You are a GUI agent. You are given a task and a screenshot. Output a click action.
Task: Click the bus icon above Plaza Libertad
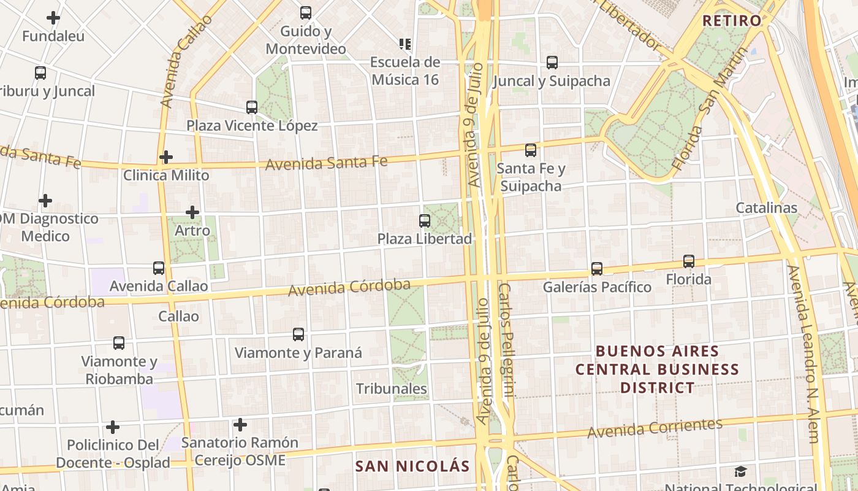[x=424, y=221]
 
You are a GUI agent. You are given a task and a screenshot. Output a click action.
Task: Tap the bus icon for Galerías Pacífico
[x=597, y=269]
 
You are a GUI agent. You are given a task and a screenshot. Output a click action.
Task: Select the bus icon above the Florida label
[x=689, y=261]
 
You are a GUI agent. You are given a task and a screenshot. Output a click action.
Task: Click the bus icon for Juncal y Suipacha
[x=552, y=63]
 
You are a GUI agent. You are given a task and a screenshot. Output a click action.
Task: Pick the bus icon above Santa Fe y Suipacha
[x=531, y=150]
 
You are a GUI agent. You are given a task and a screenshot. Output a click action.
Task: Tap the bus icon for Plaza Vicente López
[x=251, y=107]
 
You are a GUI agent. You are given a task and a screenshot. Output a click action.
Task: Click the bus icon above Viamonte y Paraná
[x=298, y=334]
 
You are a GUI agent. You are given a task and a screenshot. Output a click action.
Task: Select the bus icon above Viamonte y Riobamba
[x=119, y=343]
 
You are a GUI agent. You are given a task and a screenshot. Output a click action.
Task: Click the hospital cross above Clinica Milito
[x=165, y=157]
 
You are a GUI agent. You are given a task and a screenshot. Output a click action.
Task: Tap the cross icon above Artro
[x=192, y=212]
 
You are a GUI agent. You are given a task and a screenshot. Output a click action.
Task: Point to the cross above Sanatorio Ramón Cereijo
[x=240, y=424]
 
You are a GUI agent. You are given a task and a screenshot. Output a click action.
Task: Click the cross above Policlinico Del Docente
[x=113, y=427]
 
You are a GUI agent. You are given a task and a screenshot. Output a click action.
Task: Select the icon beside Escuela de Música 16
[x=405, y=44]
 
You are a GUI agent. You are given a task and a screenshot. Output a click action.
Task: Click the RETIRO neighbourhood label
[x=732, y=20]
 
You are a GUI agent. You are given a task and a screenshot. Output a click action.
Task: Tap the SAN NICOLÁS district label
[x=412, y=466]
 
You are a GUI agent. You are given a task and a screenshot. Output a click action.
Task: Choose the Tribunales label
[x=392, y=389]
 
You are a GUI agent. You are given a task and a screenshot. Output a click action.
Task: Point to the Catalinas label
[x=766, y=207]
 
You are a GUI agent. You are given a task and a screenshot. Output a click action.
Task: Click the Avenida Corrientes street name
[x=655, y=428]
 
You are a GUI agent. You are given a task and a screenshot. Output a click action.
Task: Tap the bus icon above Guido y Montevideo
[x=305, y=12]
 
